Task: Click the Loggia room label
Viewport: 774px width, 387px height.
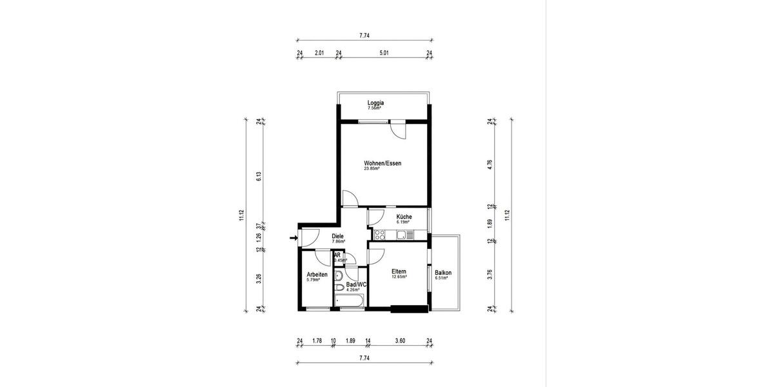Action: (x=375, y=103)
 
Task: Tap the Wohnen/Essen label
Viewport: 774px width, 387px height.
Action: (x=382, y=164)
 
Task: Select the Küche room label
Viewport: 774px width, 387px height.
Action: (x=404, y=217)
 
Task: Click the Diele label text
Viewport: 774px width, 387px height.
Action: (x=337, y=236)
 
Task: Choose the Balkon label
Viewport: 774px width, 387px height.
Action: (x=443, y=273)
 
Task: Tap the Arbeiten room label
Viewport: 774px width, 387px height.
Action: (x=317, y=275)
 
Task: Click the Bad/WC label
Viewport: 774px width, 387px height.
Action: (x=356, y=284)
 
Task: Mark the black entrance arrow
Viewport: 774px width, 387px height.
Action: (x=293, y=238)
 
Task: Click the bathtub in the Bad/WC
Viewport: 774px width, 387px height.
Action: (x=350, y=300)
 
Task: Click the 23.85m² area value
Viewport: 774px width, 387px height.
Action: (x=373, y=169)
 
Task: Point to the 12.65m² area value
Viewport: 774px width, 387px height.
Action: (x=400, y=277)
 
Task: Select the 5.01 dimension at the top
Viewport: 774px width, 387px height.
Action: (x=384, y=54)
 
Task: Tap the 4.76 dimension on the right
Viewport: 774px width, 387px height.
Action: (x=490, y=164)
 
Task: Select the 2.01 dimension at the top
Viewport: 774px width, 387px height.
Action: (x=319, y=54)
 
